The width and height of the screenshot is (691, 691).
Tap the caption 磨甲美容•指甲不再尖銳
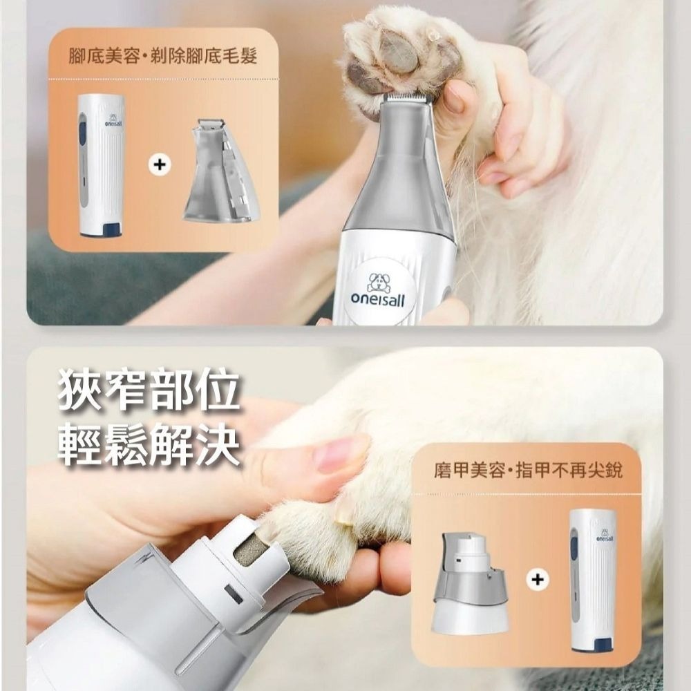point(528,471)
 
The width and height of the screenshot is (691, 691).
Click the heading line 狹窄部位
point(149,392)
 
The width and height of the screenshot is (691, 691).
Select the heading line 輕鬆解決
point(149,444)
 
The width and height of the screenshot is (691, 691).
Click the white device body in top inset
point(101,166)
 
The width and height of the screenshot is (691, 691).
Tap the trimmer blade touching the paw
point(408,99)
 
